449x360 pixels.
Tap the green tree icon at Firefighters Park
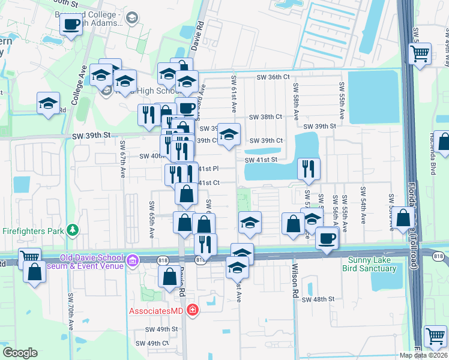point(73,230)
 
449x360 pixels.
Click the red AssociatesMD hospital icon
point(192,310)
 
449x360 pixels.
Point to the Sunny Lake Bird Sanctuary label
point(372,264)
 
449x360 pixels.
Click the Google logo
point(20,353)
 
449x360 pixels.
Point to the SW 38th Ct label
point(265,117)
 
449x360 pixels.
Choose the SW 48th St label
point(318,299)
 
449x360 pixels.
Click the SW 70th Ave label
point(71,312)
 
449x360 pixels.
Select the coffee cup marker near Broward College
point(71,25)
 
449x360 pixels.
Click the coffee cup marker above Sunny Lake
point(327,238)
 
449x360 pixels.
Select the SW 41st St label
point(261,160)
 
